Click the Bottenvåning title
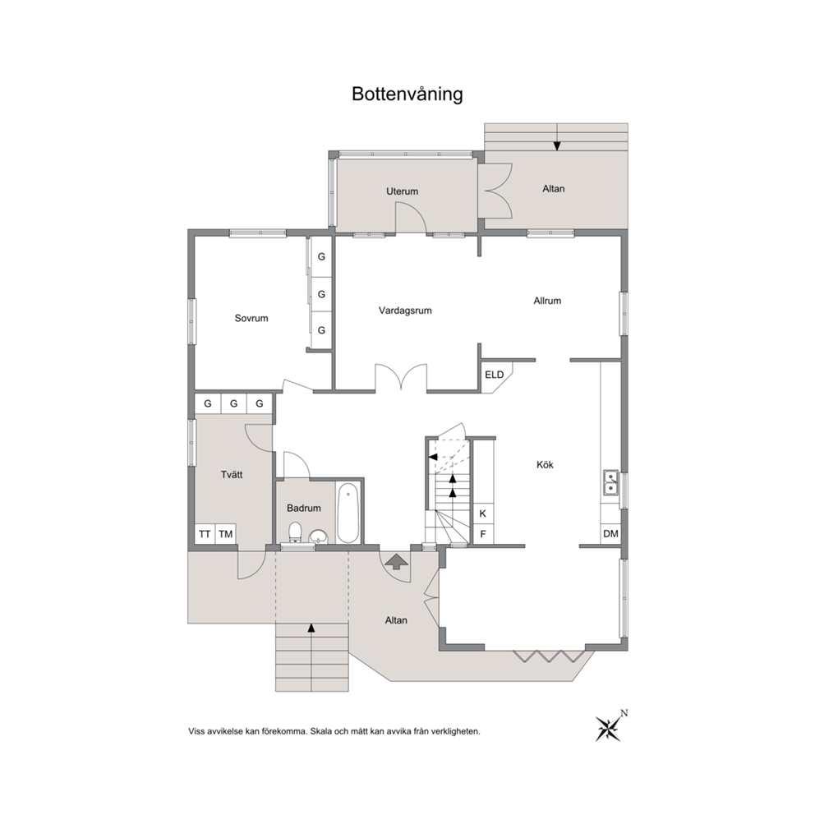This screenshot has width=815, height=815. (407, 94)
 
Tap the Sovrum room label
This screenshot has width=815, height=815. (251, 318)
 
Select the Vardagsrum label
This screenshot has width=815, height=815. (405, 311)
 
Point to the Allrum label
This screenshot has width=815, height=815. (547, 301)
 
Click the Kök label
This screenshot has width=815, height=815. (545, 465)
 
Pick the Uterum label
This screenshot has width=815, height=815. (402, 191)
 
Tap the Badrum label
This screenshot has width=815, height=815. (303, 508)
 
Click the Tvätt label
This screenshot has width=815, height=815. (232, 475)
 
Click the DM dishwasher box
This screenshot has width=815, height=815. (610, 534)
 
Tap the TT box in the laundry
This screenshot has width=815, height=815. (205, 534)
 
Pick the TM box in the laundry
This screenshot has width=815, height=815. (226, 534)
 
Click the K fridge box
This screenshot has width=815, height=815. (483, 513)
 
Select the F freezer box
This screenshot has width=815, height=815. (483, 534)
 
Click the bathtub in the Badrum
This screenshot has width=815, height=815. (348, 513)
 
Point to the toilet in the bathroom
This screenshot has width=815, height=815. (295, 532)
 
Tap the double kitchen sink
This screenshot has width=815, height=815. (610, 481)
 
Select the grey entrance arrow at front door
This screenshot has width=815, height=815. (396, 561)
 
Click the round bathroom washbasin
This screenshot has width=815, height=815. (318, 536)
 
